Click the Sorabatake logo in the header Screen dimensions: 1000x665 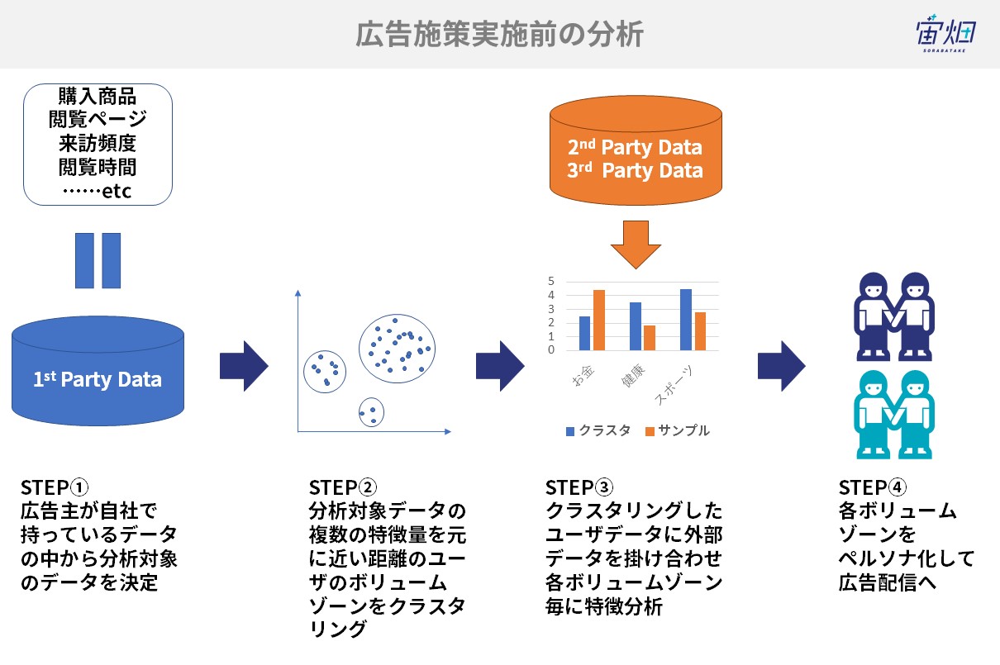click(x=945, y=34)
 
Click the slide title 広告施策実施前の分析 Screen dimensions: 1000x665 click(x=499, y=34)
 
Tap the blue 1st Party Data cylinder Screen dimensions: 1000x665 click(x=98, y=371)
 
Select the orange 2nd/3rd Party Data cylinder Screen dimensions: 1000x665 click(x=636, y=150)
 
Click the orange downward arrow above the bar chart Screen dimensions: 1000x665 click(x=636, y=245)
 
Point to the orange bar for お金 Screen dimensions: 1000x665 click(x=598, y=320)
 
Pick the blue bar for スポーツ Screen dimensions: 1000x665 click(x=686, y=320)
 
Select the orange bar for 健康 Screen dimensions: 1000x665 click(x=650, y=338)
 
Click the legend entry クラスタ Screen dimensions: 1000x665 click(x=598, y=430)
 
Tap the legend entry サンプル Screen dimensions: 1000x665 click(x=677, y=430)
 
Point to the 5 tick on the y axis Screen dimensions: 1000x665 click(x=551, y=281)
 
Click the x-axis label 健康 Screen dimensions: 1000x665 click(x=633, y=375)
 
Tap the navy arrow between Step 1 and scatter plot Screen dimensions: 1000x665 click(x=244, y=366)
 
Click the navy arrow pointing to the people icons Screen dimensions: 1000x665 click(x=782, y=366)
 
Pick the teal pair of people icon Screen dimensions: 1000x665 click(x=893, y=415)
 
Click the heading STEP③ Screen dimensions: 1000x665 click(x=579, y=487)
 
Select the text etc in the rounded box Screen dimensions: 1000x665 click(x=117, y=192)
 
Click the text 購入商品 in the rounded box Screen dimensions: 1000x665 click(x=98, y=96)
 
